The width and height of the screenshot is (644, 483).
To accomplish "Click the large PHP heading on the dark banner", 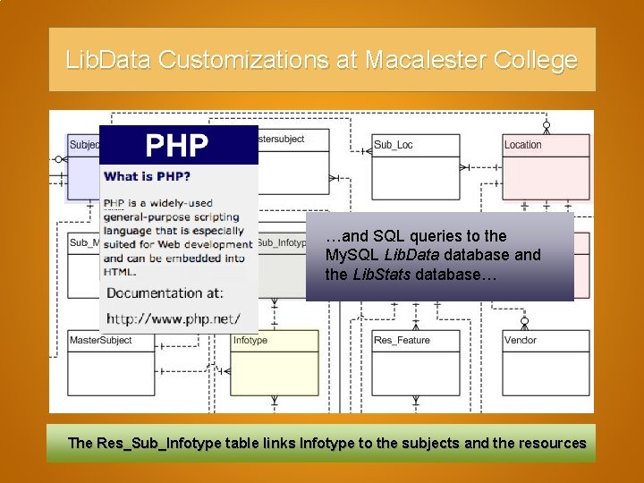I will [177, 145].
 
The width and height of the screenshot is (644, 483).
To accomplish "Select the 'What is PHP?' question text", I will [147, 176].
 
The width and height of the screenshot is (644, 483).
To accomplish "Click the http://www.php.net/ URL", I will [173, 318].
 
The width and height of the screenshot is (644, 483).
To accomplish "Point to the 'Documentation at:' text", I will [165, 292].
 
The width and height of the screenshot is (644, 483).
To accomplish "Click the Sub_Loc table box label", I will [393, 145].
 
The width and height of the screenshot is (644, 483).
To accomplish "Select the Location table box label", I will [522, 145].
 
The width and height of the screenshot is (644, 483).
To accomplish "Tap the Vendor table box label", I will [520, 340].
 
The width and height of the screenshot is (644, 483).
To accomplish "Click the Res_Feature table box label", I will [402, 340].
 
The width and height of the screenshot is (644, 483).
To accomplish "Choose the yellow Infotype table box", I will [274, 362].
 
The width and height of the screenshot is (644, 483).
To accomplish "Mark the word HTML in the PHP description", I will [120, 271].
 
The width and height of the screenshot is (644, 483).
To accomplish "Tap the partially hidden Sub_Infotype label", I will [282, 242].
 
